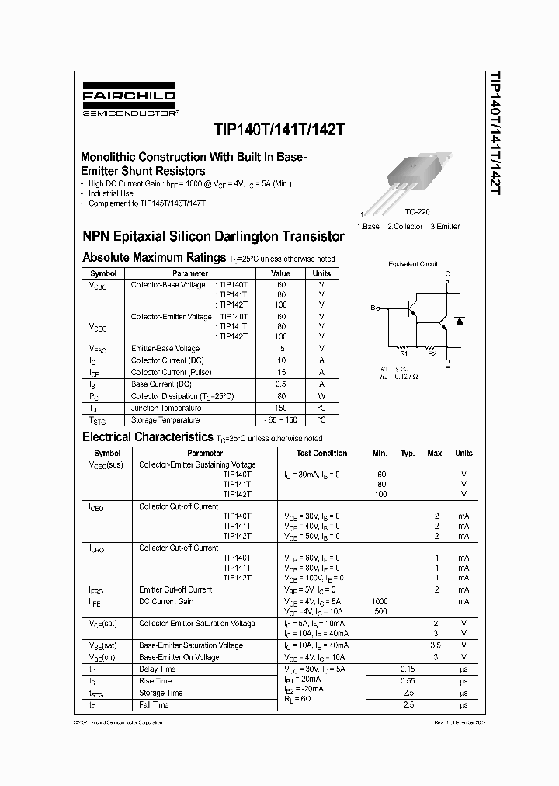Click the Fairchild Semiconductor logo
[129, 103]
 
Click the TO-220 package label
[418, 211]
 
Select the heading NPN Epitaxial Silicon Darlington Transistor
[214, 235]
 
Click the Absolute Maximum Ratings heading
[154, 257]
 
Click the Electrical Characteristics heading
[148, 437]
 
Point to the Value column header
[280, 273]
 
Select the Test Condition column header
[321, 453]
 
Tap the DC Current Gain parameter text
[166, 601]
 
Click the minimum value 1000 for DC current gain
[380, 601]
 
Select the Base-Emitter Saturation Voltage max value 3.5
[436, 645]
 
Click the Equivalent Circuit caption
[413, 264]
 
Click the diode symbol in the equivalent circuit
[459, 320]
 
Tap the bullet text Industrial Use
[111, 193]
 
